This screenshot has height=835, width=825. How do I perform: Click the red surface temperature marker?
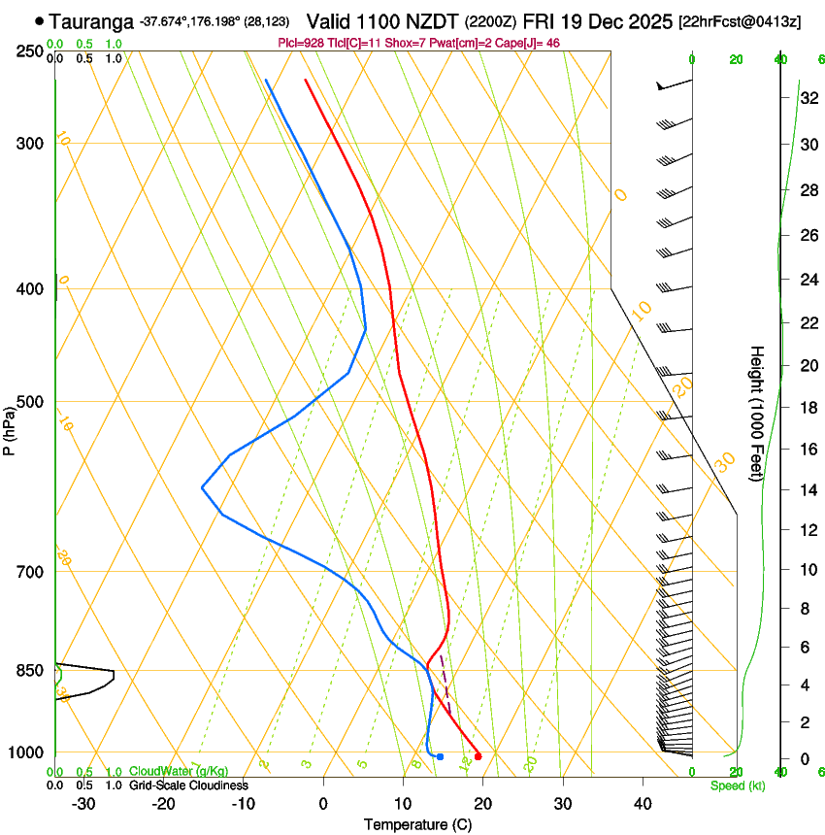coord(478,756)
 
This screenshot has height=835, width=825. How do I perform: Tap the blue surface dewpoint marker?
coord(440,756)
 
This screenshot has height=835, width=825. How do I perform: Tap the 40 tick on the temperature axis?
coord(643,804)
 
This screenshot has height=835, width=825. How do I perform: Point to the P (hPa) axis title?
coord(10,429)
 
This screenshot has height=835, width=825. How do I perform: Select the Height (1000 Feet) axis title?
coord(757,413)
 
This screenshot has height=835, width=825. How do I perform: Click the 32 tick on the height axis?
coord(806,98)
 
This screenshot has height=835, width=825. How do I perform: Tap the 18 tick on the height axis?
coord(806,408)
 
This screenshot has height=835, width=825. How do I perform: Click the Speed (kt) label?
coord(737,785)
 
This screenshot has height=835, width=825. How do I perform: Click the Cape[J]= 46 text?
coord(529,44)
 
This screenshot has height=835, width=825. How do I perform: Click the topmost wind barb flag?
coord(662,86)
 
